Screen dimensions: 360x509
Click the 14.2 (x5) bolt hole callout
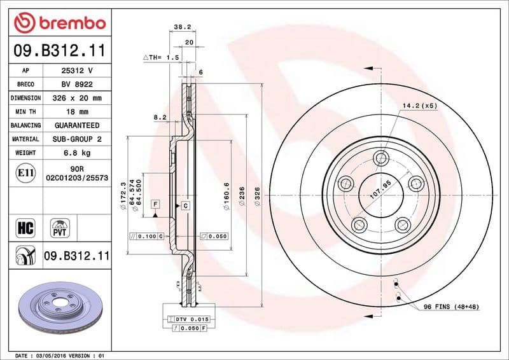tap(419, 106)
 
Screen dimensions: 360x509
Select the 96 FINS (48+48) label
tap(450, 307)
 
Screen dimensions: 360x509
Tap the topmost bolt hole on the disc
tap(381, 158)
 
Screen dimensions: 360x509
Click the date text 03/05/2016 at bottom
tap(49, 355)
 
